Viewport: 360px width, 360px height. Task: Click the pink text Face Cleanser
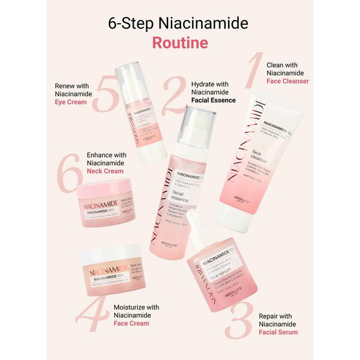point(287,81)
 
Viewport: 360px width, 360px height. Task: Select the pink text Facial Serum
point(278,332)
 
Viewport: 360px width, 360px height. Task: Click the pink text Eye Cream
point(70,102)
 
